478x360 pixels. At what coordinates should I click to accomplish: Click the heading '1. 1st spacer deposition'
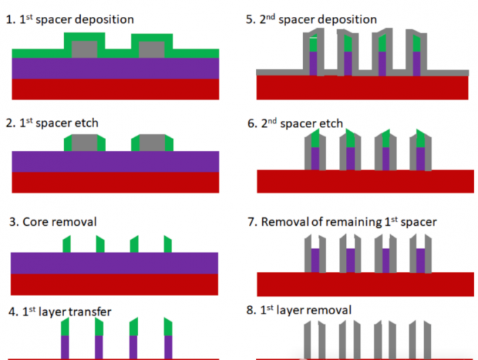point(70,20)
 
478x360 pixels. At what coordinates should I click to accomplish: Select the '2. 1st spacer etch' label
point(53,123)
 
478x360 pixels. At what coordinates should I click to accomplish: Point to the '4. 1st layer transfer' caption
point(59,311)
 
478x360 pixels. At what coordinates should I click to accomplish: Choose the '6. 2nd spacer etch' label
point(295,124)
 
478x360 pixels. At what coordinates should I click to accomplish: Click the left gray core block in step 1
point(84,49)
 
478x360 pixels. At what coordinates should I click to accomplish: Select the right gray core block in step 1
point(152,49)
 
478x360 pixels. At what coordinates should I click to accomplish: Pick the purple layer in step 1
point(115,68)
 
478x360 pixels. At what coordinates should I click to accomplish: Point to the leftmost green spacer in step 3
point(66,244)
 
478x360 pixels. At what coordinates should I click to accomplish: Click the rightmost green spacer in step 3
point(168,244)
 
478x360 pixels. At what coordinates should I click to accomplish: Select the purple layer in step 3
point(115,262)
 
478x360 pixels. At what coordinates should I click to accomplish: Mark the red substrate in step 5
point(362,87)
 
